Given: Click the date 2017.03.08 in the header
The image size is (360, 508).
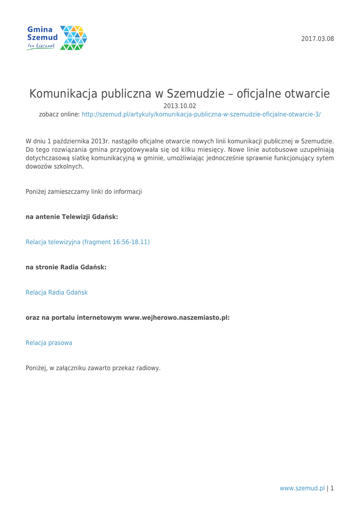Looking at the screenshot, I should pyautogui.click(x=318, y=39).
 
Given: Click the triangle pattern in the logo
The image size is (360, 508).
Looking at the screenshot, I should pyautogui.click(x=73, y=38).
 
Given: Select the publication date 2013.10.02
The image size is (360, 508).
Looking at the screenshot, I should pyautogui.click(x=180, y=105).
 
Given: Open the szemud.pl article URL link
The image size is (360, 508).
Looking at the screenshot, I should pyautogui.click(x=201, y=114).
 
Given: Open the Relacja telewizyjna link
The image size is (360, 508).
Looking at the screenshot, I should pyautogui.click(x=87, y=242).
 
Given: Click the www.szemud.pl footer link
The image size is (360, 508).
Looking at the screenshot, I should pyautogui.click(x=302, y=488).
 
